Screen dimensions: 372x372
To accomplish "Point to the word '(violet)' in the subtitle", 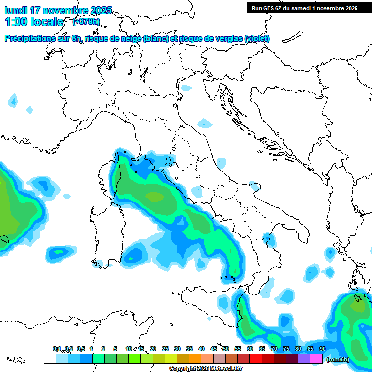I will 257,39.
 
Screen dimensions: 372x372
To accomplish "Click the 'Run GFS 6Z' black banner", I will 304,8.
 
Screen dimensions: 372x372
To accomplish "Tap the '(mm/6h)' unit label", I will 338,359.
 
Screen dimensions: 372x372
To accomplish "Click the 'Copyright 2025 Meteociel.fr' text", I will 206,369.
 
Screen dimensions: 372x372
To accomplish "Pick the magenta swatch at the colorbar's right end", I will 316,358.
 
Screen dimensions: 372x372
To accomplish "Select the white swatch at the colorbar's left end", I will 49,358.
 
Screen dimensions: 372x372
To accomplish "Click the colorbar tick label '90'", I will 322,349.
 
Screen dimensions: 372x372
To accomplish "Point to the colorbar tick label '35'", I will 189,349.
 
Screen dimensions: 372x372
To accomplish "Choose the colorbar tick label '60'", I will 250,349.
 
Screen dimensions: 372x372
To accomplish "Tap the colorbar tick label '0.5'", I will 80,349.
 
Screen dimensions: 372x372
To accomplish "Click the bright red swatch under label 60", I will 256,358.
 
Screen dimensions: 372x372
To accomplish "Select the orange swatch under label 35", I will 195,358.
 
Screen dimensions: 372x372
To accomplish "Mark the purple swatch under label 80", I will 304,358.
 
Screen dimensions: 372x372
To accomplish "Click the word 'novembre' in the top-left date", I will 63,10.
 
